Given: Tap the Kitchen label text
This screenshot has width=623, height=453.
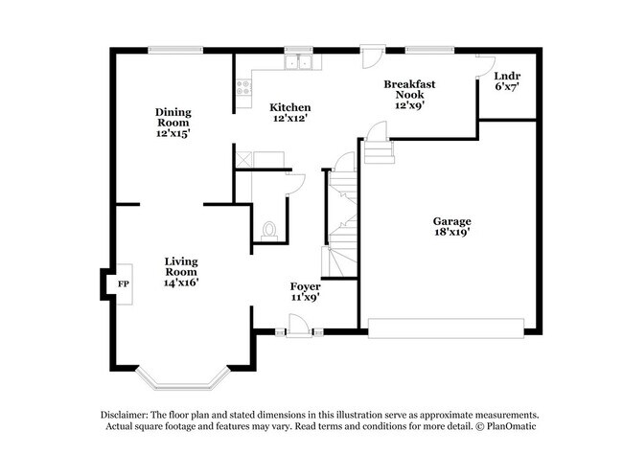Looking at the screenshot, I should [289, 112].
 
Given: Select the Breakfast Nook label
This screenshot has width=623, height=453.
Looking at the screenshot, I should [409, 94].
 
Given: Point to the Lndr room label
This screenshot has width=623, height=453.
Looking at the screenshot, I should [507, 80].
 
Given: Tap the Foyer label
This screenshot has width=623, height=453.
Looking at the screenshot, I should [305, 291].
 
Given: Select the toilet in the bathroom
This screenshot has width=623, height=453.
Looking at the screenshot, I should [268, 230].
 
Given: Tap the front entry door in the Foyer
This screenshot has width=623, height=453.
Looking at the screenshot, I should [299, 327].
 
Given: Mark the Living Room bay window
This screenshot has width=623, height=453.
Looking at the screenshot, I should [182, 381].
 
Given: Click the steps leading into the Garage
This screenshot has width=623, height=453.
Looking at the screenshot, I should [380, 150].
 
